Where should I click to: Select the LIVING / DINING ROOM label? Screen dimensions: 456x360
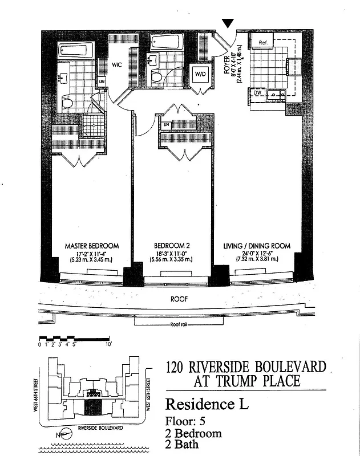pyautogui.click(x=256, y=246)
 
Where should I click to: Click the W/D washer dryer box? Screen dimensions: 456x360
pyautogui.click(x=200, y=74)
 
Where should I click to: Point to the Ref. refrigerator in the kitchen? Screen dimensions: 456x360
pyautogui.click(x=263, y=43)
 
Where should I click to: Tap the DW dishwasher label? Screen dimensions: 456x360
pyautogui.click(x=257, y=92)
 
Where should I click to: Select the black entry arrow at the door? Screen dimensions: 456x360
pyautogui.click(x=228, y=23)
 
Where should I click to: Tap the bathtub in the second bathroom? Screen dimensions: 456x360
pyautogui.click(x=167, y=42)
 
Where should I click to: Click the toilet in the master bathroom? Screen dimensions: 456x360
pyautogui.click(x=67, y=103)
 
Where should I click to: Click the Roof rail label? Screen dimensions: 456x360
pyautogui.click(x=179, y=324)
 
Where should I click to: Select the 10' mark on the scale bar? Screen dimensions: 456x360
pyautogui.click(x=108, y=344)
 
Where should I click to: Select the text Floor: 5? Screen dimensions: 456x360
pyautogui.click(x=184, y=422)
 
